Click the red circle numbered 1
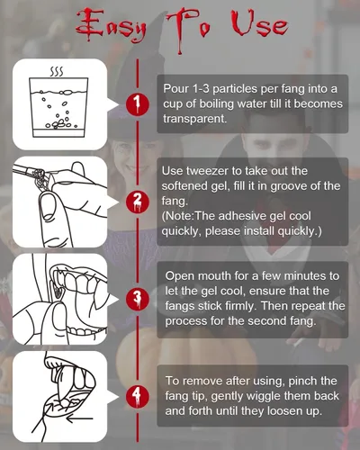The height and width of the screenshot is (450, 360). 138,103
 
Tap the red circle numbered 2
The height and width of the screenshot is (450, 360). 138,202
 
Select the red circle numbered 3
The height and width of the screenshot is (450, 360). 138,299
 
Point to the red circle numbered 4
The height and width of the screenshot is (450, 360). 138,396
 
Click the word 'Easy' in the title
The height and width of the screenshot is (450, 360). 111,26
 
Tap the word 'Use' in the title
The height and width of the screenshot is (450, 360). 259,24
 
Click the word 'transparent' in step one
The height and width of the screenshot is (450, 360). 193,119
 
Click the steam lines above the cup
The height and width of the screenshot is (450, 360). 56,72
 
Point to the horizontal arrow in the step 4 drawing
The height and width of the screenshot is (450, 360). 79,418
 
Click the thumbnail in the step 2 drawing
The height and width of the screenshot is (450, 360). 48,207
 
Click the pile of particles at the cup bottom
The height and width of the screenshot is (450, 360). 61,124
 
